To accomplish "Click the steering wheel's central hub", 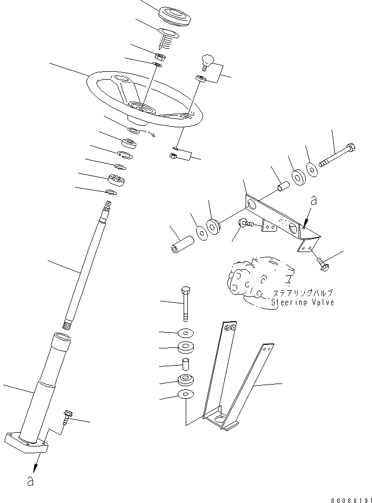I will click(x=143, y=108).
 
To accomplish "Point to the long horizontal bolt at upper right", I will click(x=338, y=155).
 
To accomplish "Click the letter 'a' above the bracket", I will click(x=313, y=200).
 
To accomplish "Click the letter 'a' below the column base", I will click(x=30, y=480).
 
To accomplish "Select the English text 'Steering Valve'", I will click(x=303, y=302).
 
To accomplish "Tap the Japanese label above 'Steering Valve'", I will click(x=303, y=293).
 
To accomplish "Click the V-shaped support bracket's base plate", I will click(x=220, y=419).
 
